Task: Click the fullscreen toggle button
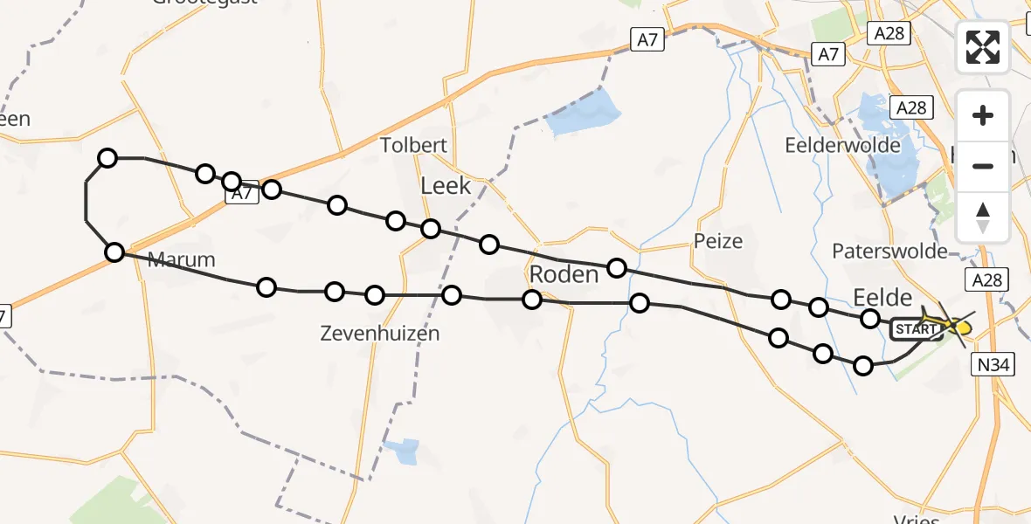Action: [983, 47]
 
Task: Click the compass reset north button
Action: [983, 217]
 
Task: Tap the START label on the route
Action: [915, 329]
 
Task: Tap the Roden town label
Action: [564, 274]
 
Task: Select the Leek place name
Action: [446, 185]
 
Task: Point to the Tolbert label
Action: [414, 145]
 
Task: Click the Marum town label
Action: [181, 259]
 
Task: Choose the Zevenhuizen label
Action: [379, 333]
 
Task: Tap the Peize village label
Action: [718, 241]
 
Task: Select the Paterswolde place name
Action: [889, 252]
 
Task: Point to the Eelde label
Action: [882, 297]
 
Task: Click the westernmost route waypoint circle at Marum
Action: [114, 252]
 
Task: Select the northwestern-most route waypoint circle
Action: [107, 158]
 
